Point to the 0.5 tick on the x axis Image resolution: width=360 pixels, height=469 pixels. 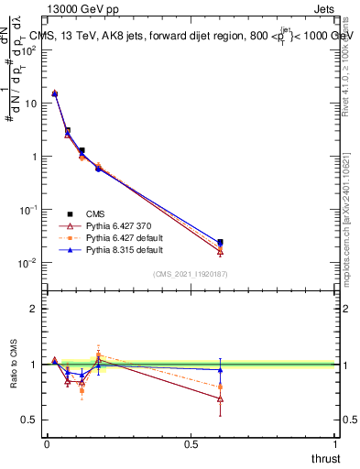[x=191, y=443]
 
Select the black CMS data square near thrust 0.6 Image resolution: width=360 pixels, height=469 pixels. [x=220, y=243]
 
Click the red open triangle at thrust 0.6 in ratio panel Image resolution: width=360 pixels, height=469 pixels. [x=220, y=398]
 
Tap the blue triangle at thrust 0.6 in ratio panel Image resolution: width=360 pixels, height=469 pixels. [x=220, y=370]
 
